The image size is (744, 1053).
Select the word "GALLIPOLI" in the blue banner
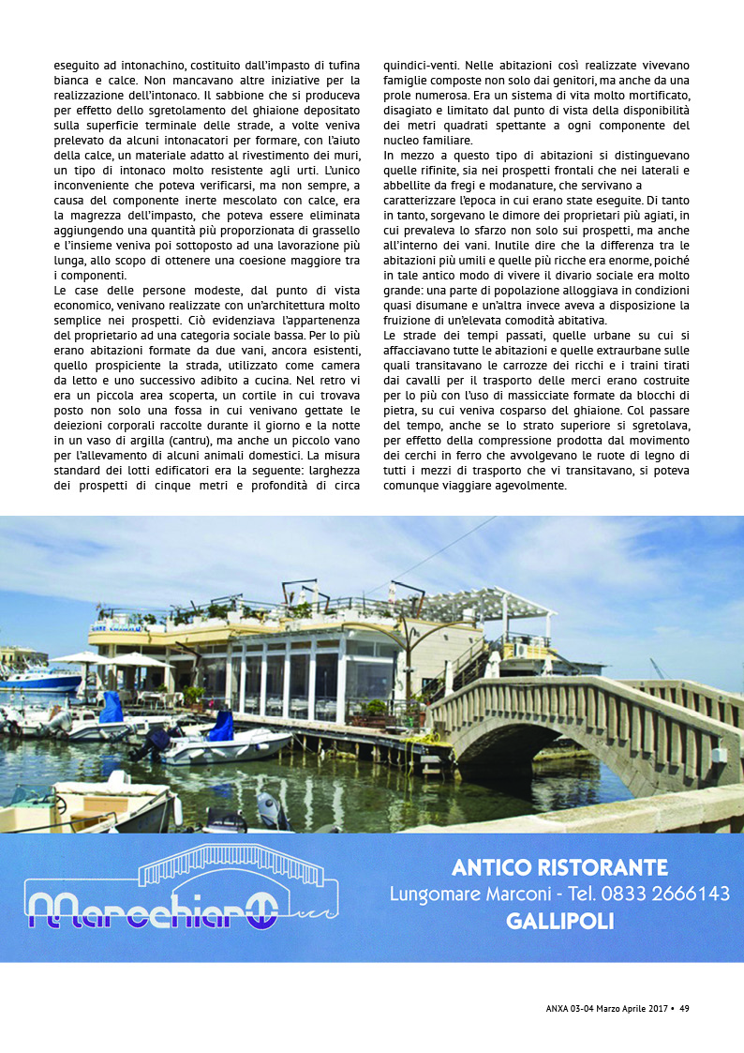[x=559, y=921]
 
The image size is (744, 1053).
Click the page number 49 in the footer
[x=684, y=1008]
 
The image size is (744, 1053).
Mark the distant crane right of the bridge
[x=658, y=669]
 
